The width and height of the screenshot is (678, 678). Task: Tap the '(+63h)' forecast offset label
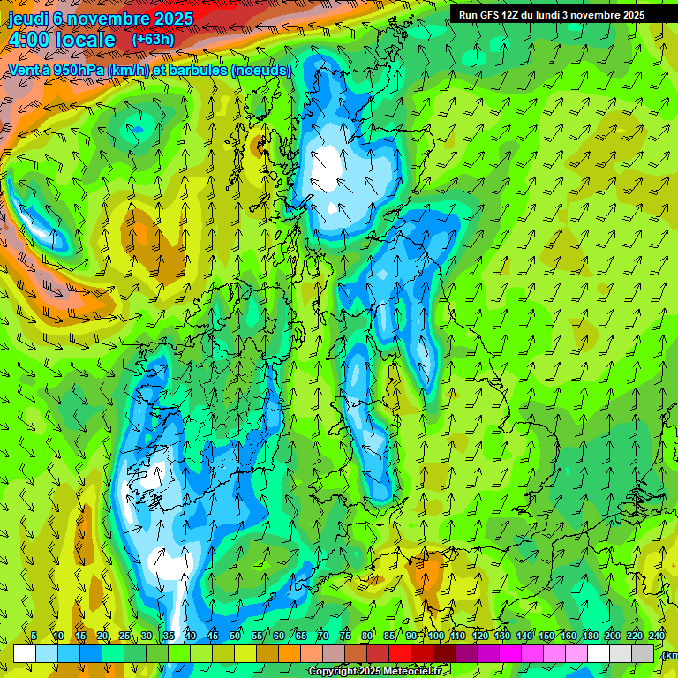click(153, 39)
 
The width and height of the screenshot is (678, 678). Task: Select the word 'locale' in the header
click(84, 40)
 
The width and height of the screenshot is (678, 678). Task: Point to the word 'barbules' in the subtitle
click(197, 70)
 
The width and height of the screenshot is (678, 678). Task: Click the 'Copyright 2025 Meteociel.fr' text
click(374, 672)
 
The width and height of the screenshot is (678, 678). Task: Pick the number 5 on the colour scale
click(34, 636)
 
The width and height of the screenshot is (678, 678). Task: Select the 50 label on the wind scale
click(235, 636)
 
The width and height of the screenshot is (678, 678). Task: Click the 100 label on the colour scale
click(436, 636)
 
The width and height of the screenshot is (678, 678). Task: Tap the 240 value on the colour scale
click(657, 636)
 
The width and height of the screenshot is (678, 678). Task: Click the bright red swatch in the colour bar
click(400, 653)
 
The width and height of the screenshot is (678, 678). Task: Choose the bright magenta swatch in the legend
click(510, 653)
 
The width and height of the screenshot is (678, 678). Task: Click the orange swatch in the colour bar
click(290, 653)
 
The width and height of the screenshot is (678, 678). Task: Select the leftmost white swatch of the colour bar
click(25, 653)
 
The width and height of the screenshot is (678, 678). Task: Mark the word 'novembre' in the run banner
click(598, 15)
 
